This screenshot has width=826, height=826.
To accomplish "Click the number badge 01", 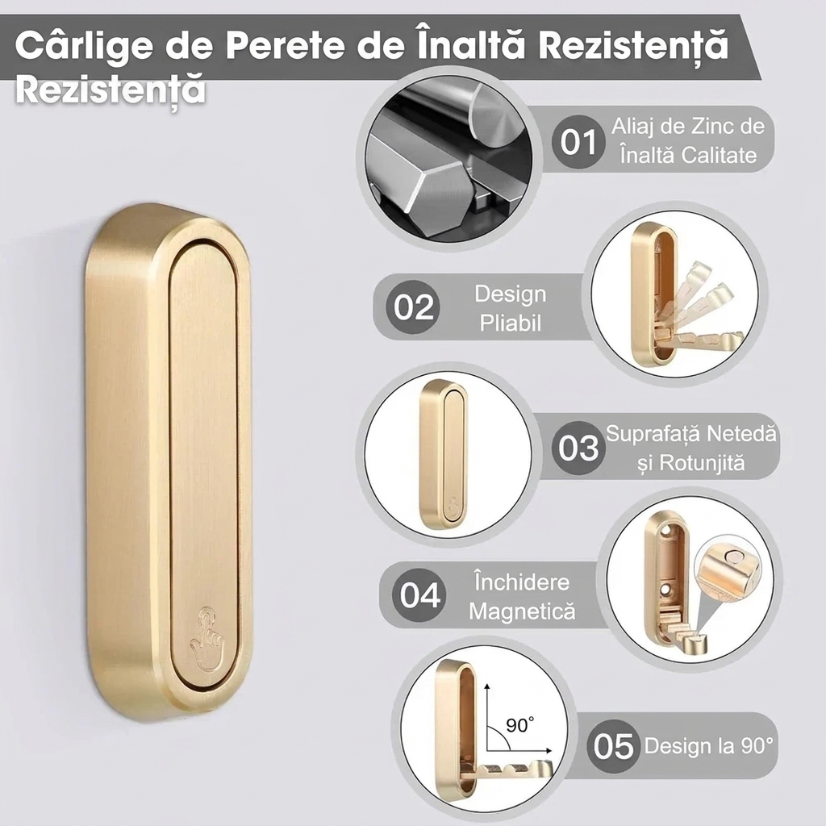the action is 578,142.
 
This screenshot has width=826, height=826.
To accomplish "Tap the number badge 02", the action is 414,307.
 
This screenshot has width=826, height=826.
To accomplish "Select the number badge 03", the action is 578,448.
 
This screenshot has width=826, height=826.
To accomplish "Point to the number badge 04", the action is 419,595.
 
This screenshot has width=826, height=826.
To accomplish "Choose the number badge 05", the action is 613,746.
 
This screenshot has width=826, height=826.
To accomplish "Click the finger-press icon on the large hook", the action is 206,640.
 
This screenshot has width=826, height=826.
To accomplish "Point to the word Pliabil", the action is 510,323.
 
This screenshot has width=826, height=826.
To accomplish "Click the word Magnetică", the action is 522,611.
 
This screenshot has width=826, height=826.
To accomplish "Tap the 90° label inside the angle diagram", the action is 519,725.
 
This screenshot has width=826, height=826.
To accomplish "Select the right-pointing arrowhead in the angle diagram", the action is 549,750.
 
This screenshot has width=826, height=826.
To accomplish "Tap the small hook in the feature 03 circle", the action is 444,455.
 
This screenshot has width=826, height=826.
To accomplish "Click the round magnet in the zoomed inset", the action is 734,557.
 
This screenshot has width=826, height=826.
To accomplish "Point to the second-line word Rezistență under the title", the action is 110,90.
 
